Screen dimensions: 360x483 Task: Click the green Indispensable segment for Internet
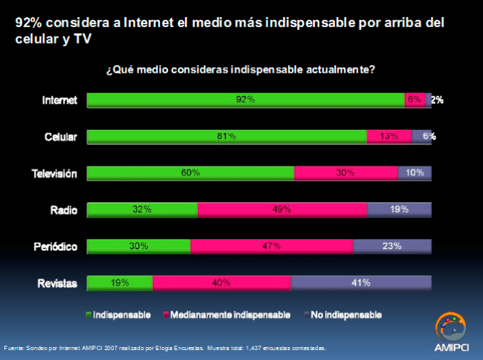pyautogui.click(x=246, y=100)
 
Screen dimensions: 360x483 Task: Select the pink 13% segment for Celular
pyautogui.click(x=389, y=136)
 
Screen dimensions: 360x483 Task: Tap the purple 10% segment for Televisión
pyautogui.click(x=414, y=173)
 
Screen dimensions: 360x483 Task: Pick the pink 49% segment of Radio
pyautogui.click(x=282, y=209)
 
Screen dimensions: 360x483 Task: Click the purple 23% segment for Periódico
pyautogui.click(x=392, y=246)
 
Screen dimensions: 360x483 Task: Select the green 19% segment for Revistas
pyautogui.click(x=120, y=283)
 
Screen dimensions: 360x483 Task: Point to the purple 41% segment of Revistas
pyautogui.click(x=361, y=283)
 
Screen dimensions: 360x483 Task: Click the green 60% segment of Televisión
pyautogui.click(x=191, y=173)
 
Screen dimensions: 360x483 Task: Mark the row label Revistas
pyautogui.click(x=56, y=284)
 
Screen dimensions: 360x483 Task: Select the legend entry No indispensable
pyautogui.click(x=343, y=314)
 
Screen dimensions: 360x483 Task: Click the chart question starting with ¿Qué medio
pyautogui.click(x=241, y=70)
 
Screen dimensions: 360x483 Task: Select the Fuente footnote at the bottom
pyautogui.click(x=165, y=348)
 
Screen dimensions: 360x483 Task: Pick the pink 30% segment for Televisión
pyautogui.click(x=346, y=173)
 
